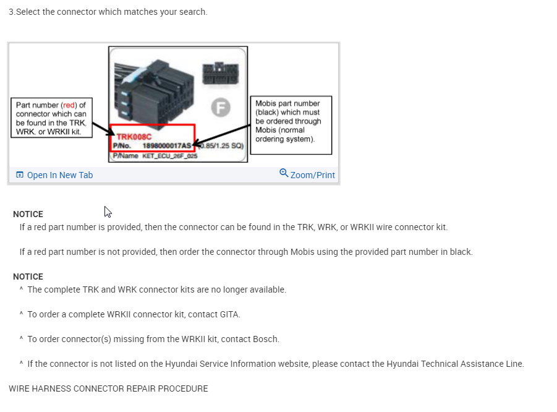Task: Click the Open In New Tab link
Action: pos(59,175)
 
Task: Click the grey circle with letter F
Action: pos(220,108)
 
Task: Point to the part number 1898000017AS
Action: pos(167,146)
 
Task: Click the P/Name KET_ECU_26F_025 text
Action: pos(163,157)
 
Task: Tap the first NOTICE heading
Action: pos(28,214)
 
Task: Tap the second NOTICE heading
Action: pos(28,277)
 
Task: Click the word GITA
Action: pos(229,314)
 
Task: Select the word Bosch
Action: pos(266,339)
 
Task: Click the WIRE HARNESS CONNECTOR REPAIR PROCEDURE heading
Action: pos(108,388)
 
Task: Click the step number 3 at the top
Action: pos(11,12)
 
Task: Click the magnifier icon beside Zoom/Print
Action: pos(284,173)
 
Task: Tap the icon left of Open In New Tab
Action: pos(19,175)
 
